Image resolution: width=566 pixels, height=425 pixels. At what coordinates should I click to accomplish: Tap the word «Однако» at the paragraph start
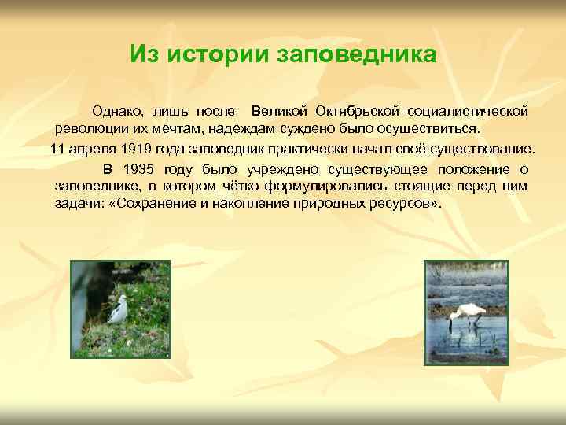(x=119, y=111)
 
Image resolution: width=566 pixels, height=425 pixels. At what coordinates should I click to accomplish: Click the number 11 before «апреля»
(x=57, y=149)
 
